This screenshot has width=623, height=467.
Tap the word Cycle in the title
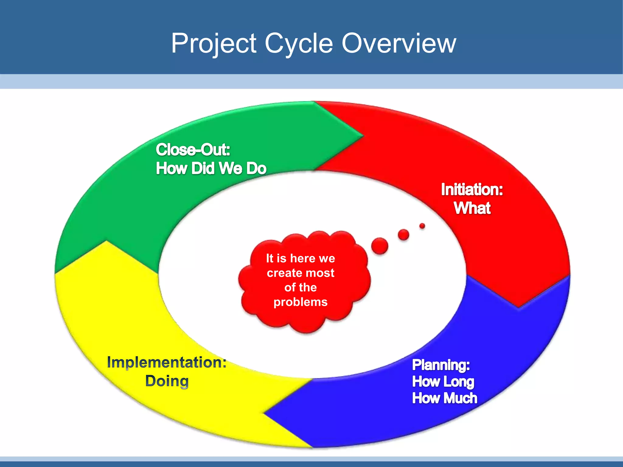[x=299, y=43]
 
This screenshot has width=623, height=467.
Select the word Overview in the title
[x=399, y=43]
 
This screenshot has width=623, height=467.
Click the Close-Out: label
[x=193, y=150]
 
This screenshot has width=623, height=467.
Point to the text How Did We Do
[x=211, y=168]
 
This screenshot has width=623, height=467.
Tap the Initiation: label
[x=472, y=189]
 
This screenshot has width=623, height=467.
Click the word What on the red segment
[x=472, y=208]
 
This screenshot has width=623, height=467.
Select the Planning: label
[x=441, y=365]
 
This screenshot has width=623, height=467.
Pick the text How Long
[x=443, y=382]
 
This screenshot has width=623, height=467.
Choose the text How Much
[x=444, y=398]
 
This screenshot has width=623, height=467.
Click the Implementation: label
[x=167, y=362]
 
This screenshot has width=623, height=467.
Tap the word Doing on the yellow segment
[x=167, y=381]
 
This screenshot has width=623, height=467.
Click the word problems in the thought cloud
[x=301, y=302]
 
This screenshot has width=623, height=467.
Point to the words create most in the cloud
[x=301, y=273]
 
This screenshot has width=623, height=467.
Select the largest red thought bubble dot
[x=380, y=246]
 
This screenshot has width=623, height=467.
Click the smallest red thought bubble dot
[x=422, y=226]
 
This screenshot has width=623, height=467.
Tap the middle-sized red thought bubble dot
[x=403, y=234]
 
